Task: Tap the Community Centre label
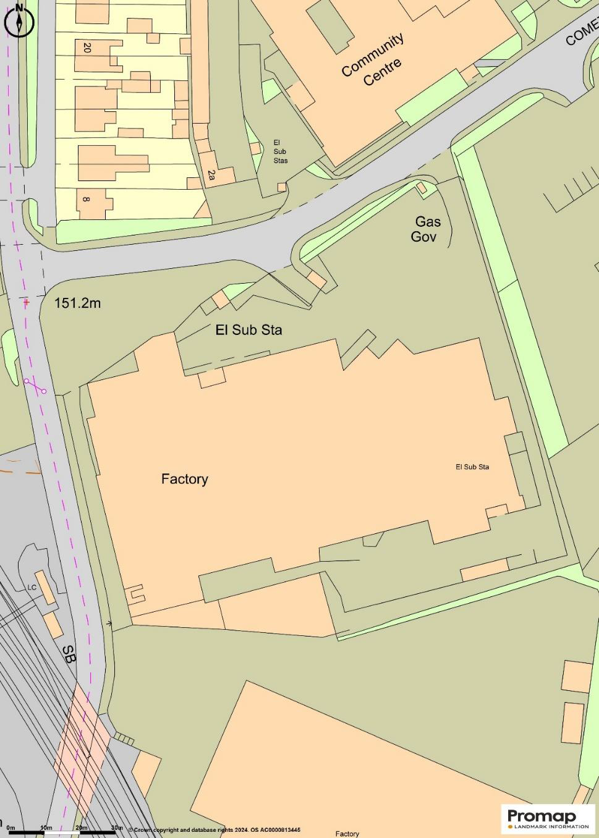(373, 60)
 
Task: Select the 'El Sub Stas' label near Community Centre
(280, 151)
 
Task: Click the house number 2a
(211, 175)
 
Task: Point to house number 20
(87, 48)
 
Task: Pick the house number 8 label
(86, 200)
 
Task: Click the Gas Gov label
(426, 229)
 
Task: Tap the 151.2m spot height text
(77, 303)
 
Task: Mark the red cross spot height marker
(26, 302)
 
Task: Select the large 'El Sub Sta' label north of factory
(249, 329)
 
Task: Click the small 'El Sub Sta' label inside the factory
(472, 467)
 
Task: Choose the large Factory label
(184, 479)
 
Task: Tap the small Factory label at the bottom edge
(347, 834)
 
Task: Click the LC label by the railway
(32, 588)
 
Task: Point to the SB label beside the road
(69, 654)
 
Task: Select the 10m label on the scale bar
(46, 827)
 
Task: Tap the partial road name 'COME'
(581, 33)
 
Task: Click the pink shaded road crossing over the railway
(80, 748)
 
